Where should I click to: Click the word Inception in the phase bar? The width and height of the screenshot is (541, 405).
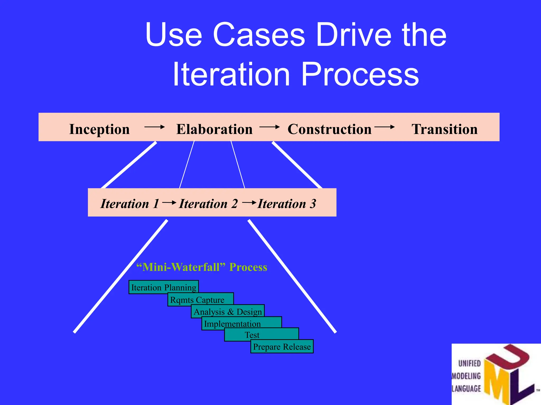click(99, 129)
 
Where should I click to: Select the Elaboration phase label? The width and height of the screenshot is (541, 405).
click(214, 129)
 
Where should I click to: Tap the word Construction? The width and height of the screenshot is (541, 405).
click(329, 129)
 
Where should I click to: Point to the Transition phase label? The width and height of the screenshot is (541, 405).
click(445, 129)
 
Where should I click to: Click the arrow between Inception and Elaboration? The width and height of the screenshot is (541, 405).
click(155, 127)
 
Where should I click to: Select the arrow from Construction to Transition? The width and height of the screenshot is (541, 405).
click(384, 127)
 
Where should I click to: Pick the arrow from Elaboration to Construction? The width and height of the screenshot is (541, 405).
click(269, 127)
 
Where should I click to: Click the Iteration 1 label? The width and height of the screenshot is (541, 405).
click(130, 204)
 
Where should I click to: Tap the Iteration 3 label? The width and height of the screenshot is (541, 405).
click(287, 204)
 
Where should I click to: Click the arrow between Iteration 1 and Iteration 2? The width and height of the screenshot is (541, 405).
click(169, 202)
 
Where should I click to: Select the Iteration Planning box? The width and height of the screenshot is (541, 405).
click(164, 287)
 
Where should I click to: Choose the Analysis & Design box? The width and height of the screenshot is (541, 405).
click(228, 312)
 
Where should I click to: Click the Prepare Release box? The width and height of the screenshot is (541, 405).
click(282, 346)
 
